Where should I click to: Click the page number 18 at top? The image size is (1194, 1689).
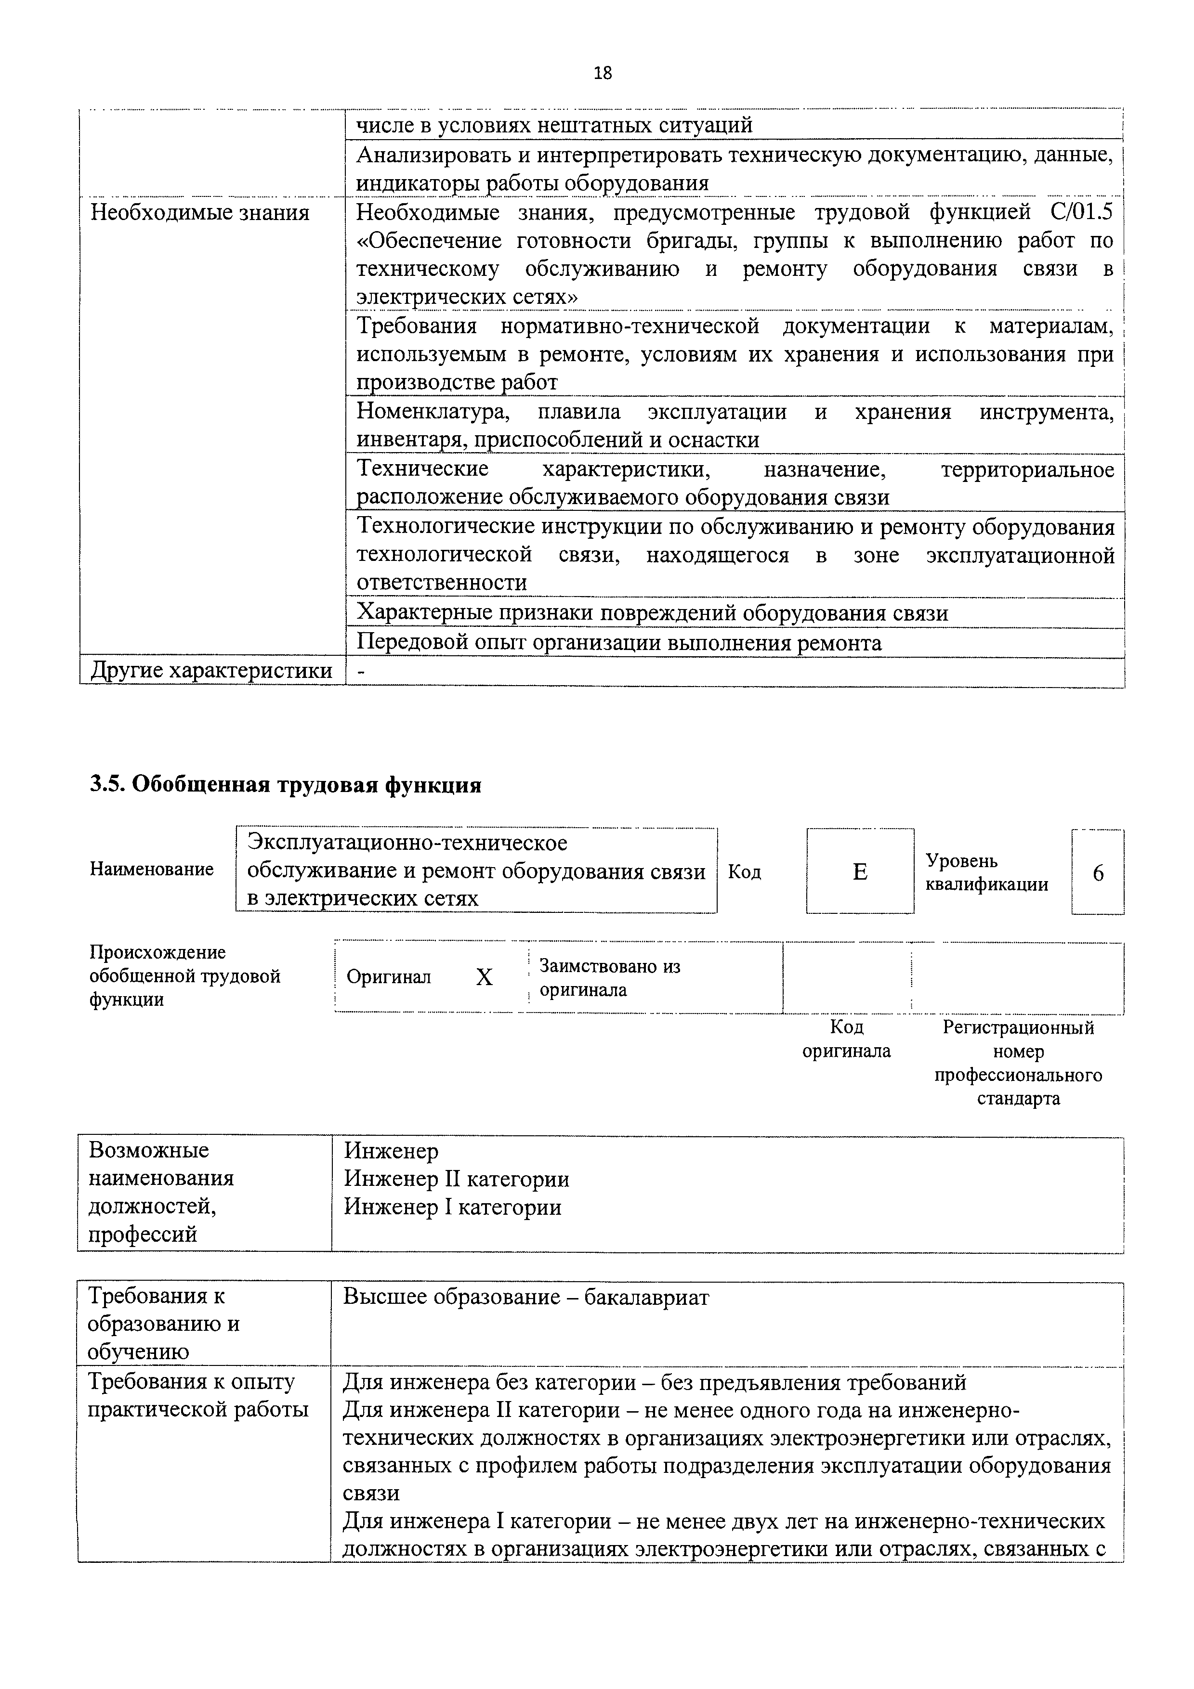pos(602,73)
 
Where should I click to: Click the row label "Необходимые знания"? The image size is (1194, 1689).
pos(199,213)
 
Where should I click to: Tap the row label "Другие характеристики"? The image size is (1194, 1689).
pos(211,671)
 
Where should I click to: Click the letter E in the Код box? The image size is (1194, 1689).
pos(859,872)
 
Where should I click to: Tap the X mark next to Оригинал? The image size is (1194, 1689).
pos(484,977)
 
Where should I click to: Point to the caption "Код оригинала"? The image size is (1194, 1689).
pos(846,1039)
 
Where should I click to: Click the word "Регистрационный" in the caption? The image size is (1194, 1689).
pos(1018,1027)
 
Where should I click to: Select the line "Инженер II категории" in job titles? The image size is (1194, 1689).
pos(456,1179)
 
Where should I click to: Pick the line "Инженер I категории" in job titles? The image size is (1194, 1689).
pos(452,1207)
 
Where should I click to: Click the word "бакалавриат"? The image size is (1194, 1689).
pos(647,1297)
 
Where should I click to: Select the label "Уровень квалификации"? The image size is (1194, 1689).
pos(986,872)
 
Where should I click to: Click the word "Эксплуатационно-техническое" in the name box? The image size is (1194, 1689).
pos(407,842)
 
